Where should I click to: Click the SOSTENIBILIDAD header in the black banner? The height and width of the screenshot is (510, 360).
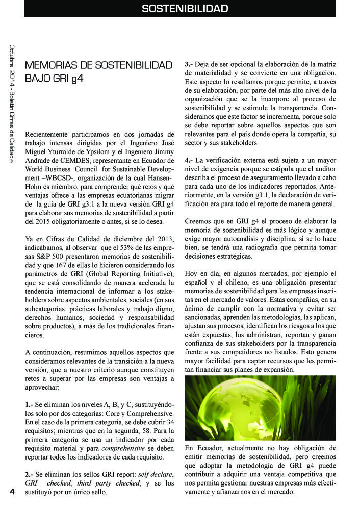click(184, 9)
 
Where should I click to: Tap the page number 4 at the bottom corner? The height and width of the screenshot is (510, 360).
click(11, 491)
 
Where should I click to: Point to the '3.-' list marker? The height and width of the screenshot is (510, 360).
click(189, 65)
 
